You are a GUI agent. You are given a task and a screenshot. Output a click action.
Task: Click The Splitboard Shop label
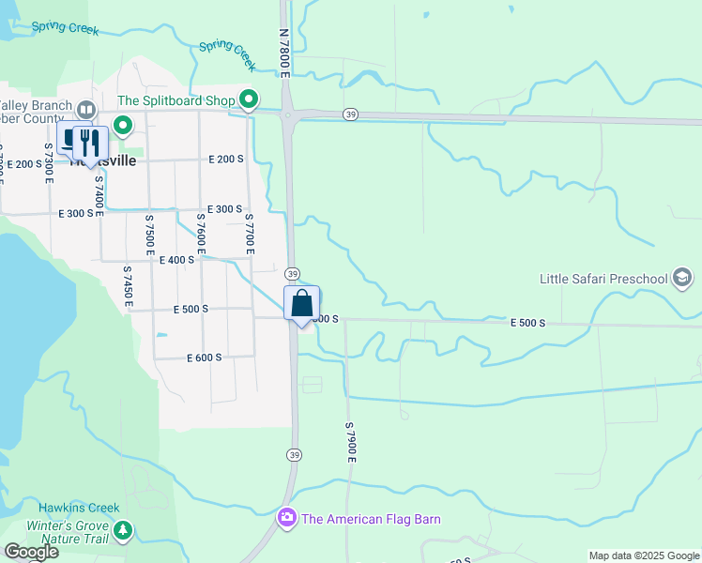pos(175,100)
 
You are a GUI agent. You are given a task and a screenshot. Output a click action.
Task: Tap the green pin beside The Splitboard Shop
pos(249,99)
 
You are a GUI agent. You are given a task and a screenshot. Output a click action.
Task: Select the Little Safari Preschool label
pos(603,279)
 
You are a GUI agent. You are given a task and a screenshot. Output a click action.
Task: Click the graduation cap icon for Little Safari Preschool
pos(682,278)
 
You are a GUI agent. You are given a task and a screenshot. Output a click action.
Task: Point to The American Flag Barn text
pos(371,519)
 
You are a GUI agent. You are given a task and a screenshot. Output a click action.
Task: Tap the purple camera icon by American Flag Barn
pos(286,518)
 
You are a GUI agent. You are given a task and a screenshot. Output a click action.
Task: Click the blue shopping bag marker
pos(301,304)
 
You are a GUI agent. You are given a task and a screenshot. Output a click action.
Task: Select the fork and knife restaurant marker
pos(89,143)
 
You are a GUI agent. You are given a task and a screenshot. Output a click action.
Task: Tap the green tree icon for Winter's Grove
pos(122,532)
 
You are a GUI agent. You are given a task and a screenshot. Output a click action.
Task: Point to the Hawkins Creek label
pos(79,508)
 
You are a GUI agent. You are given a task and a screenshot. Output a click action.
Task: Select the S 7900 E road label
pos(350,442)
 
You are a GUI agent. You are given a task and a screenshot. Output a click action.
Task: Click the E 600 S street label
pos(204,358)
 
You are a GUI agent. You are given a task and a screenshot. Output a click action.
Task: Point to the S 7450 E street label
pos(128,287)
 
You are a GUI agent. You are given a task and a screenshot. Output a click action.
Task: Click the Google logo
pos(31,552)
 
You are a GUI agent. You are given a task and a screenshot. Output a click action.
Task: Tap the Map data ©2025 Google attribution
pos(644,555)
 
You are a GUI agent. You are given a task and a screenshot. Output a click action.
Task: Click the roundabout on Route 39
pos(287,115)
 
